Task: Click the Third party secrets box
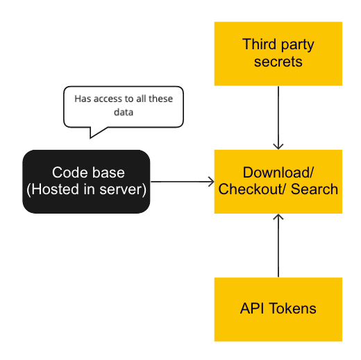point(278,53)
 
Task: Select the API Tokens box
point(278,309)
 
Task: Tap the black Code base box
point(86,181)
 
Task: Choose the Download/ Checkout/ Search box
point(278,181)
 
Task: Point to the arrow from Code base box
point(182,182)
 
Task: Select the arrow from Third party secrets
point(278,117)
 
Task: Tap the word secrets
point(278,62)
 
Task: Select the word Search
point(314,189)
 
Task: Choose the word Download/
point(278,173)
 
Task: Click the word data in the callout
point(124,112)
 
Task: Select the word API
point(251,309)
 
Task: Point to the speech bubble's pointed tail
point(97,134)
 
